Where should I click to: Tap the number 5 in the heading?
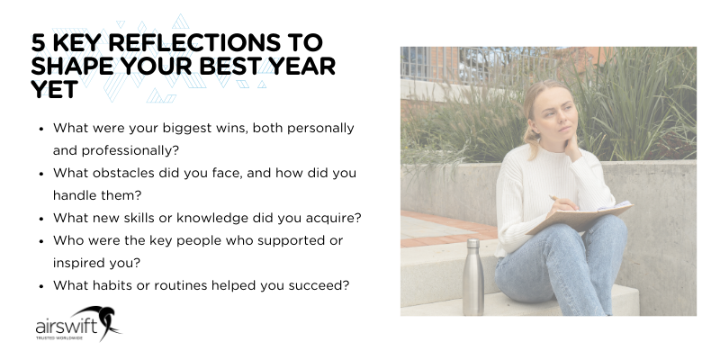click(38, 44)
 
